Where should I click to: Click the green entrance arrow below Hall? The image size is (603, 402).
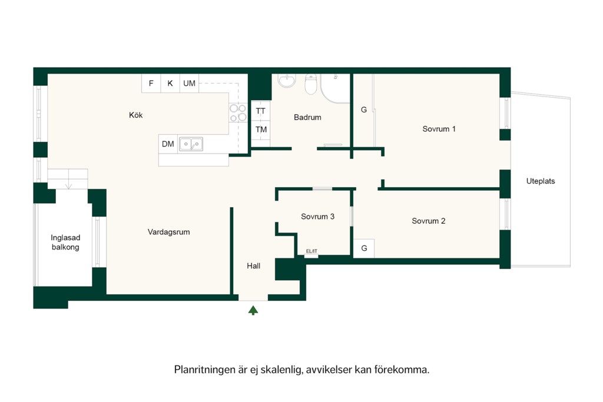point(253,311)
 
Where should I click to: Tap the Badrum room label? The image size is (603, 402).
point(307,117)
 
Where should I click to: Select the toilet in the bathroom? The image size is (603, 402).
point(311,84)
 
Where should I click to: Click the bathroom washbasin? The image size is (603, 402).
point(287,80)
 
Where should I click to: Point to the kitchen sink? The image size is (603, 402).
point(191,144)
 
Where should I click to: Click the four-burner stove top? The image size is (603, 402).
point(238,112)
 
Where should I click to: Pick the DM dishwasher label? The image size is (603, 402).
point(168,144)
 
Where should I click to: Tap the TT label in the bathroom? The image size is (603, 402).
point(261,111)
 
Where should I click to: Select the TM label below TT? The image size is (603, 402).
point(261,129)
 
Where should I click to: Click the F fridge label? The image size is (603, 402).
point(151,84)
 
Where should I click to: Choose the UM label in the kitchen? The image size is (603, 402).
point(189,84)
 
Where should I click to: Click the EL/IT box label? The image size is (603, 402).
point(312,251)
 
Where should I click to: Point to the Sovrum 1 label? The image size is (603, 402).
point(439,129)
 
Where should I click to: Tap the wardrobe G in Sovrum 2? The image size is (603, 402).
point(364,248)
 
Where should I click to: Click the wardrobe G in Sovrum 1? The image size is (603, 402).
point(364,110)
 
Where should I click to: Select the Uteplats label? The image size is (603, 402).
point(541,181)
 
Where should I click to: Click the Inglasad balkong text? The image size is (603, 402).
point(65,242)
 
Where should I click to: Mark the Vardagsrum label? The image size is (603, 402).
point(169,232)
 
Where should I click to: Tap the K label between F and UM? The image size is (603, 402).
point(170,84)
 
